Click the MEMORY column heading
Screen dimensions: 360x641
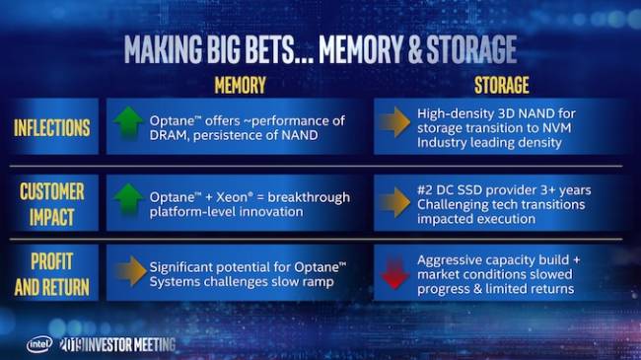(x=240, y=86)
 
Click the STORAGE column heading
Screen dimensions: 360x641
(x=501, y=86)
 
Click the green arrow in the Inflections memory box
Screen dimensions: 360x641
(x=128, y=127)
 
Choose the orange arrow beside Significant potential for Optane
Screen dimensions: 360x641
(x=128, y=273)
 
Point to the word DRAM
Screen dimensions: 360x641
(x=171, y=136)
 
